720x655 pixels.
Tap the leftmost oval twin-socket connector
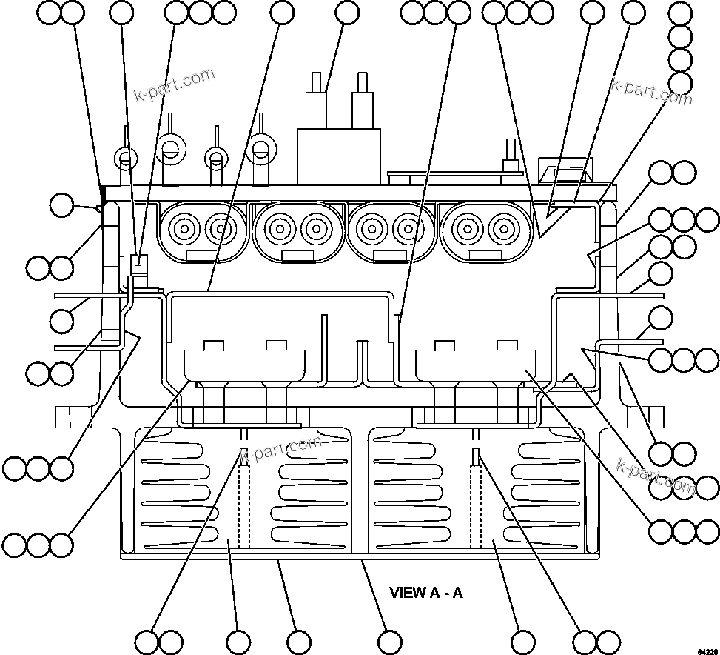202,230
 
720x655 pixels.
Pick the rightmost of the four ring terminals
260,148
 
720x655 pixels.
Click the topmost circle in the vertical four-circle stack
680,13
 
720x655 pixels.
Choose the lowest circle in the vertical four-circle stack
680,84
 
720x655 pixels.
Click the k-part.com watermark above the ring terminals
175,85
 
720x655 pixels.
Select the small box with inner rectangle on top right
565,170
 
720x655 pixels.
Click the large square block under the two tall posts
339,156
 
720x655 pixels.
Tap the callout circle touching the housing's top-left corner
62,205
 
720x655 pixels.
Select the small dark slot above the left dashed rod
242,453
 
